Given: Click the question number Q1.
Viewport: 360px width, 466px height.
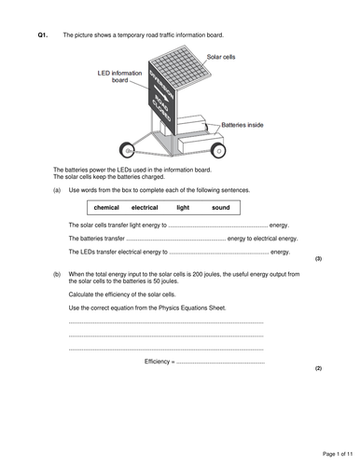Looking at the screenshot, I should pyautogui.click(x=42, y=34).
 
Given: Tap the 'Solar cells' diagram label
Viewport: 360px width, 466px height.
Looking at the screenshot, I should pyautogui.click(x=222, y=57).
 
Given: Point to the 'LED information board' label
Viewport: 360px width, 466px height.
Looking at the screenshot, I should pyautogui.click(x=117, y=75).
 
